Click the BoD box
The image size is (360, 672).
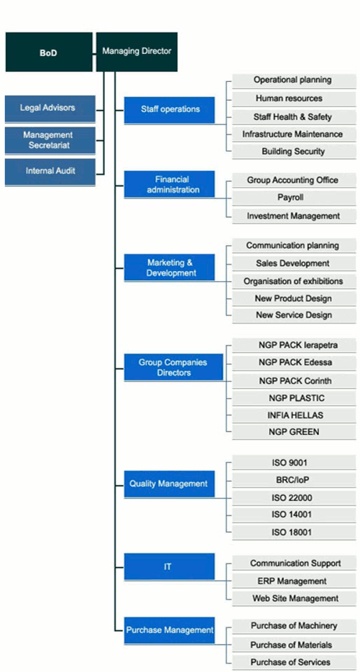click(x=49, y=52)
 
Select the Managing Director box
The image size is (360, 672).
click(x=137, y=52)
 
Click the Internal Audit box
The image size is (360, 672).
click(x=50, y=171)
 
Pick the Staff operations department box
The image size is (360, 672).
click(x=170, y=109)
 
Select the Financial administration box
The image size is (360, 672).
click(x=170, y=185)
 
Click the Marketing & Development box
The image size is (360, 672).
click(x=170, y=268)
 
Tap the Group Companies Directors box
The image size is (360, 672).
click(x=170, y=367)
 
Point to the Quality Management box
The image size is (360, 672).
click(x=170, y=484)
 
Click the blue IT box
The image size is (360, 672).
click(x=170, y=567)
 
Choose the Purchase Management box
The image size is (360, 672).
click(x=170, y=630)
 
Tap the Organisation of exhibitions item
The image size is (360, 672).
click(x=292, y=281)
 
